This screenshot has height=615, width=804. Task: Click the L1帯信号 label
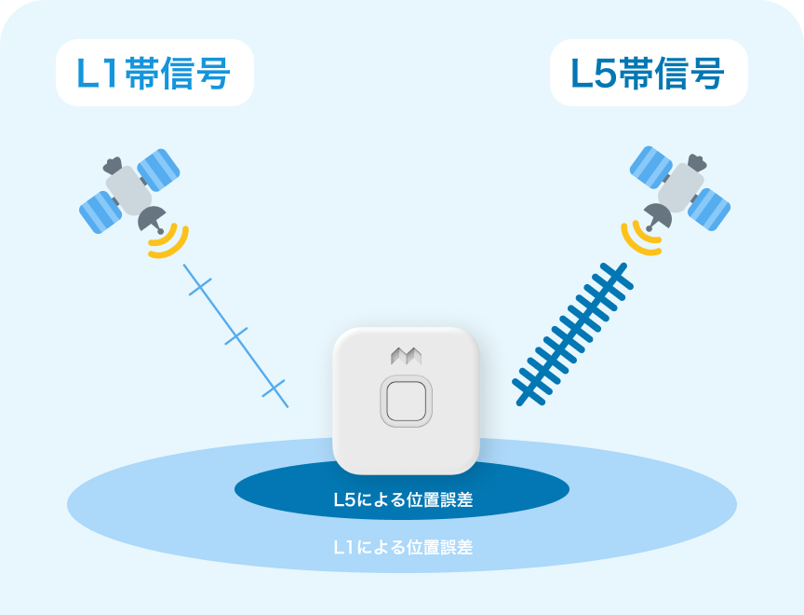[154, 73]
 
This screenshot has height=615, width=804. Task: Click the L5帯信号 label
[649, 73]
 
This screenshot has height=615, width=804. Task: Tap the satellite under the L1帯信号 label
[129, 191]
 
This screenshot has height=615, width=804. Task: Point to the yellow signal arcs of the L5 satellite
[639, 240]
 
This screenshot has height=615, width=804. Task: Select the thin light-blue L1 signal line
[236, 336]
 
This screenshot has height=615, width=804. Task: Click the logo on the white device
[406, 355]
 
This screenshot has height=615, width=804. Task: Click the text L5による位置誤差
[403, 500]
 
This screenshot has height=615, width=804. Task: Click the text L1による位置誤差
[403, 547]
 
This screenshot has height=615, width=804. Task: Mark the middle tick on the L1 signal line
[236, 336]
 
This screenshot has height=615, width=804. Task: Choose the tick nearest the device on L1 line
[273, 387]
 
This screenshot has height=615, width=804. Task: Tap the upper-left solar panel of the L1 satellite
[158, 168]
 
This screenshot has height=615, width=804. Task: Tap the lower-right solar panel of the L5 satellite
[708, 209]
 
